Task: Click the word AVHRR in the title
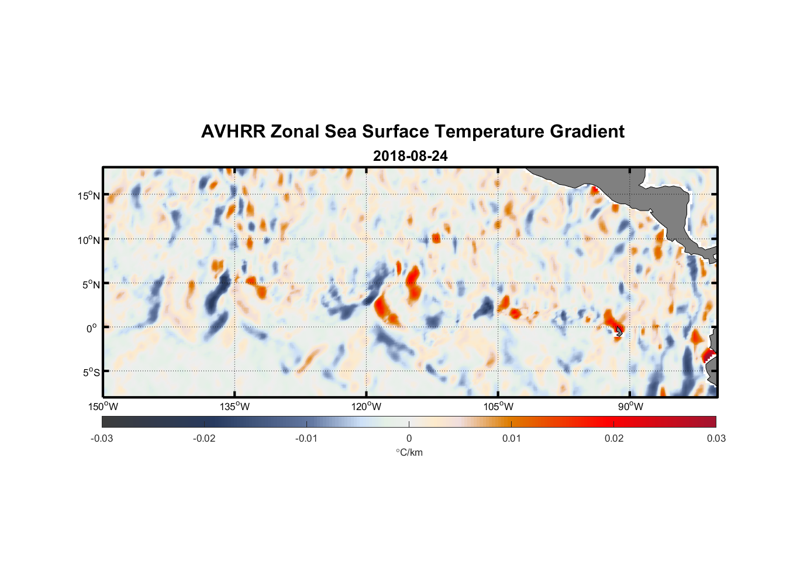tap(233, 132)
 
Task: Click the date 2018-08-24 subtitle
tap(410, 156)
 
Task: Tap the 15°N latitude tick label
tap(88, 195)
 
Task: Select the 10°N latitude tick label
tap(88, 240)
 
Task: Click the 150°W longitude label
tap(103, 407)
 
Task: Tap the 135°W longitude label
tap(235, 407)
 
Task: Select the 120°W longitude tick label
tap(366, 407)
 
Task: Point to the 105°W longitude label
tap(498, 407)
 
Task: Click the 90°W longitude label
tap(630, 407)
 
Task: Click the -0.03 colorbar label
tap(102, 438)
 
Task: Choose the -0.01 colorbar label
tap(306, 438)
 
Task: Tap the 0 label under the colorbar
tap(409, 438)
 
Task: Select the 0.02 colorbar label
tap(614, 438)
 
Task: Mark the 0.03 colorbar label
tap(716, 438)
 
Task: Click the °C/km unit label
tap(409, 452)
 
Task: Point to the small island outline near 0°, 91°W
tap(619, 331)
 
